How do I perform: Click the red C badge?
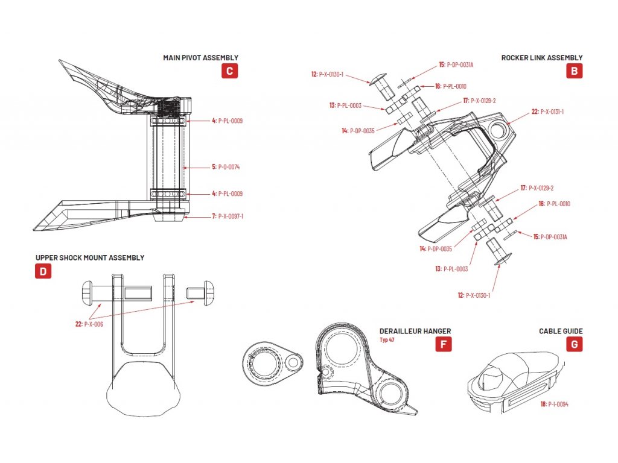[229, 71]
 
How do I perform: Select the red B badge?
[574, 71]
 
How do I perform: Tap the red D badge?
[42, 271]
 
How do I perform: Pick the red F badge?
[443, 345]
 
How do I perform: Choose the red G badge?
[574, 344]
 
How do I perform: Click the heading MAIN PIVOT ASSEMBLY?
[200, 58]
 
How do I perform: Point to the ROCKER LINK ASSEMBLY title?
[542, 58]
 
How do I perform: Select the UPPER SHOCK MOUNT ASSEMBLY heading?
[90, 257]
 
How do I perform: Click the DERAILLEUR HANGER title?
[415, 331]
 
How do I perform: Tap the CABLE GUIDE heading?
[561, 331]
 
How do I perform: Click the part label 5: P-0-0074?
[226, 167]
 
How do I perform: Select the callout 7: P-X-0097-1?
[228, 216]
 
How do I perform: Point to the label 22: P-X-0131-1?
[547, 112]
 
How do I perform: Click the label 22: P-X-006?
[89, 324]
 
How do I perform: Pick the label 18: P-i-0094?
[554, 405]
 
